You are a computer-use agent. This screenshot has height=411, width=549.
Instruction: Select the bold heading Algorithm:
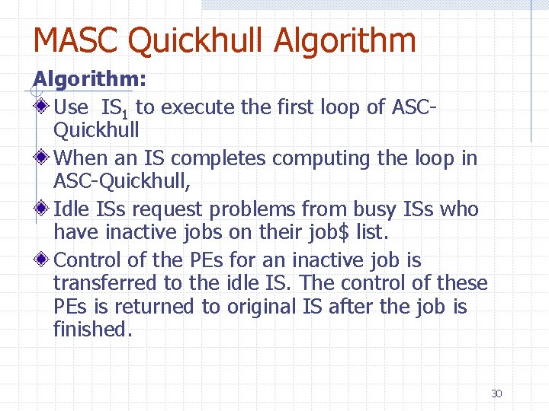[x=90, y=78]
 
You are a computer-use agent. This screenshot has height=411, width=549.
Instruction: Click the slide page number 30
[x=496, y=393]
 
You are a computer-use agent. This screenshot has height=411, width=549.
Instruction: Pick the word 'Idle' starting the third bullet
[x=71, y=209]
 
